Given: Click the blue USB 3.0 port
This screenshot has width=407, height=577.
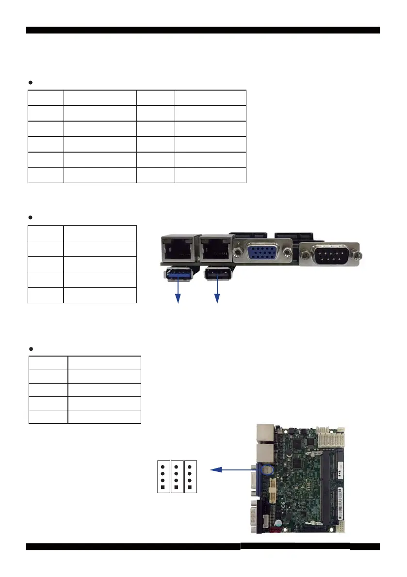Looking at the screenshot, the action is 179,274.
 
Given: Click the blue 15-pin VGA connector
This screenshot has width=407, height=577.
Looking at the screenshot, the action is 262,255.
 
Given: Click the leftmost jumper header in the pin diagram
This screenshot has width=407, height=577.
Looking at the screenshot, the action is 163,477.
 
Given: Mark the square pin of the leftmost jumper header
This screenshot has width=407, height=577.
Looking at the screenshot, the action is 163,486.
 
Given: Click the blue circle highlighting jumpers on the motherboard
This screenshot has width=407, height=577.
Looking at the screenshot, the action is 268,469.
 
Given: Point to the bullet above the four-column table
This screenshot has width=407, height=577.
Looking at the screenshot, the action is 31,83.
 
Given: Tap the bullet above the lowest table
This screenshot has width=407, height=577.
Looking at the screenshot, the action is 31,349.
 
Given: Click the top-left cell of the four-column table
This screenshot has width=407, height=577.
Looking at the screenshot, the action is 46,97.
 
